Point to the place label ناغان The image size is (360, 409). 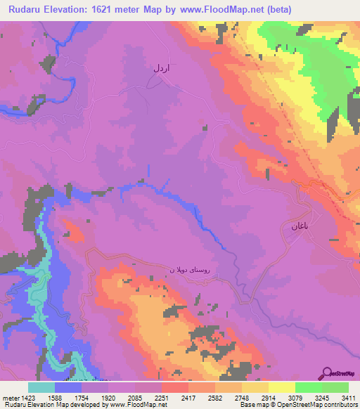click(295, 226)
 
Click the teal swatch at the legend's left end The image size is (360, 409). click(41, 387)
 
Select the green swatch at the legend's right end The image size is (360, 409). click(335, 387)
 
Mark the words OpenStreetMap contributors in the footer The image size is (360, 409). click(320, 404)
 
